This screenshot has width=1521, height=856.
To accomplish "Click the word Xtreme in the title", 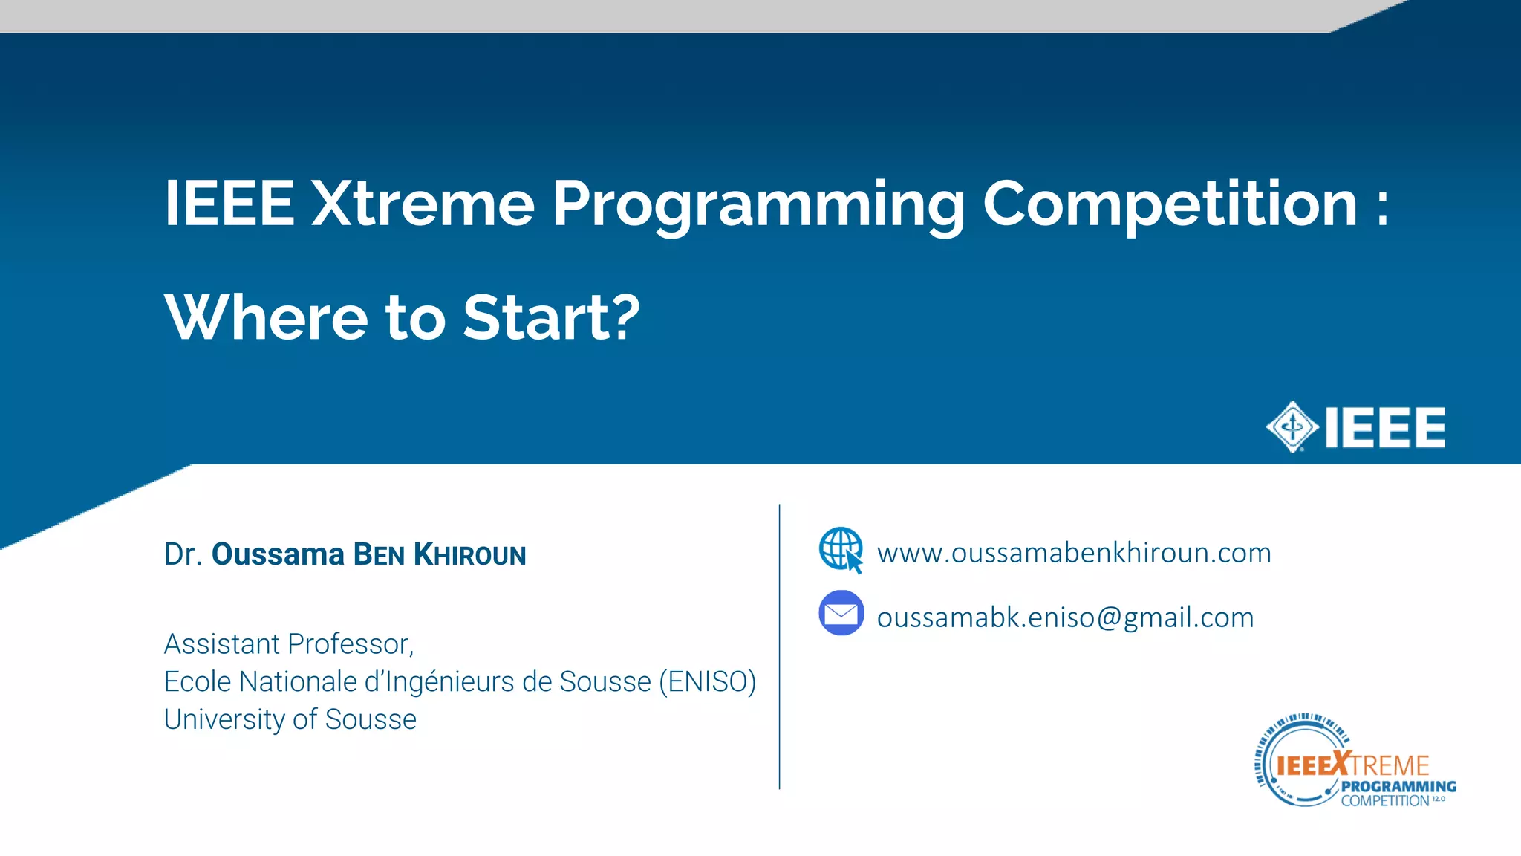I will (x=423, y=204).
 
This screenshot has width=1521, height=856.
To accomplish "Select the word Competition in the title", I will (x=1170, y=204).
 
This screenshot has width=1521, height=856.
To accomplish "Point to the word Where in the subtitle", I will (x=266, y=317).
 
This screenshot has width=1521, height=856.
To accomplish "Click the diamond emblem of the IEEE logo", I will (x=1292, y=427).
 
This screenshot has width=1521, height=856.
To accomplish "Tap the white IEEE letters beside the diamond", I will (x=1385, y=427).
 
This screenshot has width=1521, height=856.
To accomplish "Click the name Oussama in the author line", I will (x=278, y=554).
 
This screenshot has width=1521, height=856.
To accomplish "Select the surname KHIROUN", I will (x=469, y=555).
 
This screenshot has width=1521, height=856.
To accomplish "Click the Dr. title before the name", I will (x=183, y=554).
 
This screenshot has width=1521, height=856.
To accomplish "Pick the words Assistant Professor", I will (x=288, y=644).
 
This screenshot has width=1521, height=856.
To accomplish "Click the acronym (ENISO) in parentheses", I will (x=707, y=681).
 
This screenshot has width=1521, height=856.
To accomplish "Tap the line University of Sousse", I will (x=290, y=719).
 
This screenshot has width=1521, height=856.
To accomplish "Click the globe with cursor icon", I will (x=841, y=551).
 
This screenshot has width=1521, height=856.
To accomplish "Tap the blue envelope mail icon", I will (x=841, y=614).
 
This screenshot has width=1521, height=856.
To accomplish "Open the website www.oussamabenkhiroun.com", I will (x=1074, y=553).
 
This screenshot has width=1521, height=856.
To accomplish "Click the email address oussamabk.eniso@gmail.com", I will (x=1065, y=617).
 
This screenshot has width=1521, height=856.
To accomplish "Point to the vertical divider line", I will (x=779, y=646).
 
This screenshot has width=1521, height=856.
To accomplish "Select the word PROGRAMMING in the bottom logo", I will (x=1398, y=786).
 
